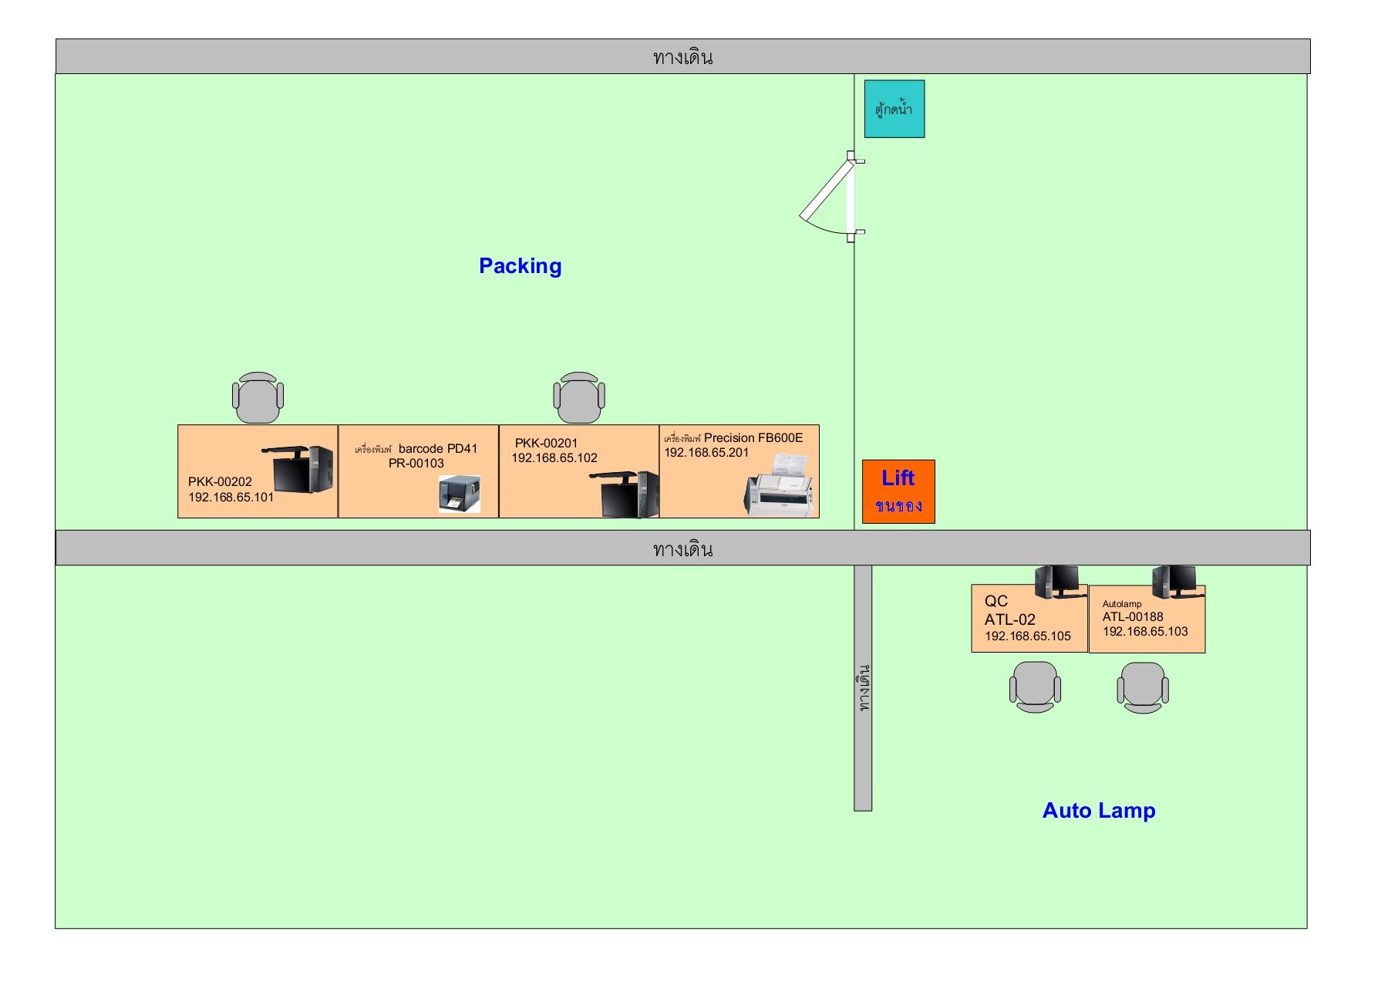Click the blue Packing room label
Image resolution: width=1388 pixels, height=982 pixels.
520,266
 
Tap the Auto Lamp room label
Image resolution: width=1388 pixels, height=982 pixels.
1098,811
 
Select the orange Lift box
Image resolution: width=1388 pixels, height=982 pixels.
898,491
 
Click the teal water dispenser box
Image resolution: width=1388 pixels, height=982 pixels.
894,109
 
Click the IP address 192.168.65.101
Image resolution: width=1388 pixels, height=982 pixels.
231,498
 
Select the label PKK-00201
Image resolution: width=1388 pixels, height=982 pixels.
546,443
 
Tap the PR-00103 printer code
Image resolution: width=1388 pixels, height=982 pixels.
416,464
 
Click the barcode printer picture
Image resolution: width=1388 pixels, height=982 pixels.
459,494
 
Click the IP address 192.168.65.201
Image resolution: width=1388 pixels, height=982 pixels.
706,453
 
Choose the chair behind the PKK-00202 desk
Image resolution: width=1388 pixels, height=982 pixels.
258,397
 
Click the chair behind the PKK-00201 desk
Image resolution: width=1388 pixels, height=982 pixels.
579,397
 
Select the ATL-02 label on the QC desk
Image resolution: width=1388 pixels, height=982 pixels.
1009,619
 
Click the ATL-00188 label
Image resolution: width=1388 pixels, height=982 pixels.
1132,617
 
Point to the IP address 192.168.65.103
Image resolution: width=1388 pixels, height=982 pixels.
1145,632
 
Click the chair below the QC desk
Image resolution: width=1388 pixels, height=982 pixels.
1035,687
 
